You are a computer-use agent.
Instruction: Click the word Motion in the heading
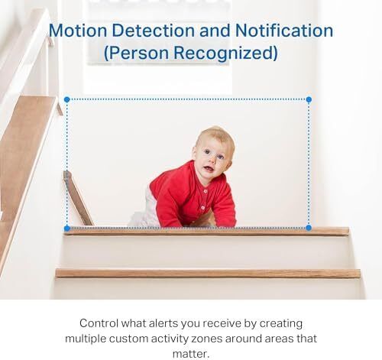pos(78,31)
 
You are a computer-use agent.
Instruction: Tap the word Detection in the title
pos(153,31)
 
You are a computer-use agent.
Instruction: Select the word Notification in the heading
pos(283,31)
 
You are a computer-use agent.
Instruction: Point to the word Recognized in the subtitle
pos(225,53)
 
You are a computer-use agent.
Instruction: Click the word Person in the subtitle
pos(137,53)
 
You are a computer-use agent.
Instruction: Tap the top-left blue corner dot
pos(67,99)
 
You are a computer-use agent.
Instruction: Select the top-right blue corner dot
pos(309,99)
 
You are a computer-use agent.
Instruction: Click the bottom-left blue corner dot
pos(67,229)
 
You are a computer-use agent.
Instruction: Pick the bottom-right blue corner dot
pos(309,228)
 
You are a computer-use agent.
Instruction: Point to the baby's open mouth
pos(209,169)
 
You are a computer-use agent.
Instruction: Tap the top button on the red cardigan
pos(206,191)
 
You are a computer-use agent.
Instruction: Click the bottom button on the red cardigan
pos(203,208)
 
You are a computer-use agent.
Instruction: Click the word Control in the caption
pos(99,323)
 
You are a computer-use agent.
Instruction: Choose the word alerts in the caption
pos(163,323)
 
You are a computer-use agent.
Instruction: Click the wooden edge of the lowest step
pos(208,274)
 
